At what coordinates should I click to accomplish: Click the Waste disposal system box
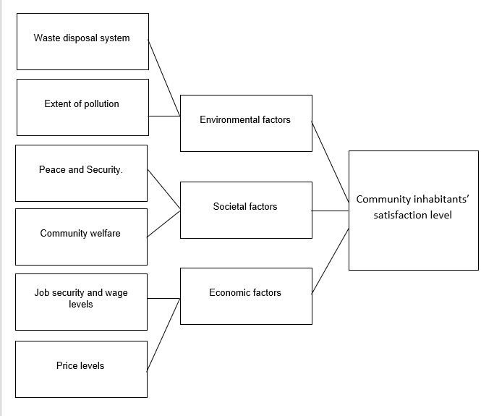pos(82,41)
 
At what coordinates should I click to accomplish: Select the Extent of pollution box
pos(82,107)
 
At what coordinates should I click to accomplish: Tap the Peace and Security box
pos(81,173)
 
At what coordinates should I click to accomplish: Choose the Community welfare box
pos(81,237)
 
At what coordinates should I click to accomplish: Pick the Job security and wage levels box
pos(81,302)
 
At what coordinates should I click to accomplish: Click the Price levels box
pos(81,369)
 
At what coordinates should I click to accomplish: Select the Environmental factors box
pos(246,123)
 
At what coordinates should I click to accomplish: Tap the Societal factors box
pos(246,210)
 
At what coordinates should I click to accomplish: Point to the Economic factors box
pos(246,295)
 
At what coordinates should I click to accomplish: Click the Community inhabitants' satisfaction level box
pos(413,210)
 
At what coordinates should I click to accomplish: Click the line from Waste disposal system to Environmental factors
pos(164,77)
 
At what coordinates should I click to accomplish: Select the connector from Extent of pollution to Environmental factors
pos(164,116)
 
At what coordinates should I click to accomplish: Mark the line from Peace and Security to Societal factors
pos(163,190)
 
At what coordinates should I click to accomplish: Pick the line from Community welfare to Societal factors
pos(163,224)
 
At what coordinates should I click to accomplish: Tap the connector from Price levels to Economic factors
pos(163,334)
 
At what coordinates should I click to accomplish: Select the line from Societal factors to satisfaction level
pos(330,211)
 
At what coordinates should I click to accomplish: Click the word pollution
pos(101,103)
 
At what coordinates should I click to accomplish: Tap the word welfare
pos(103,233)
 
